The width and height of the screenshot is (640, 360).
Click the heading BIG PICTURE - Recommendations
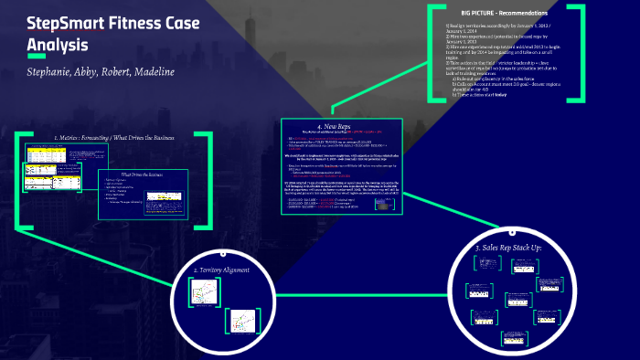pyautogui.click(x=505, y=14)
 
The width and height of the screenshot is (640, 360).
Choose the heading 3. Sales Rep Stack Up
pyautogui.click(x=520, y=248)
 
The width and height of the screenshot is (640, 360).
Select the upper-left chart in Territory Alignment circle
pyautogui.click(x=202, y=290)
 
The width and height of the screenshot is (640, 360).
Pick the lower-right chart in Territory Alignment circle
pyautogui.click(x=242, y=321)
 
